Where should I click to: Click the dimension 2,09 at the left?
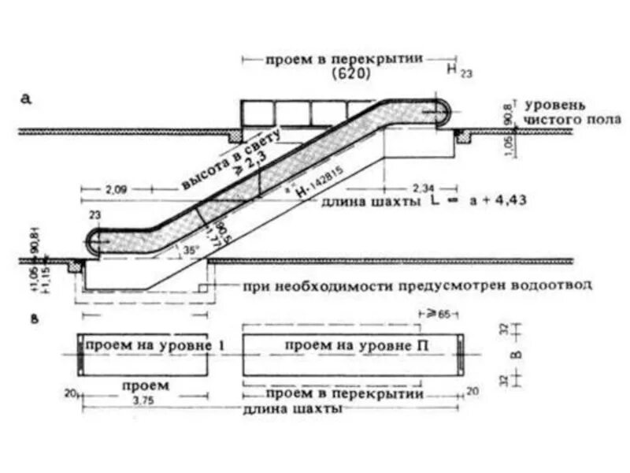[x=115, y=189]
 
